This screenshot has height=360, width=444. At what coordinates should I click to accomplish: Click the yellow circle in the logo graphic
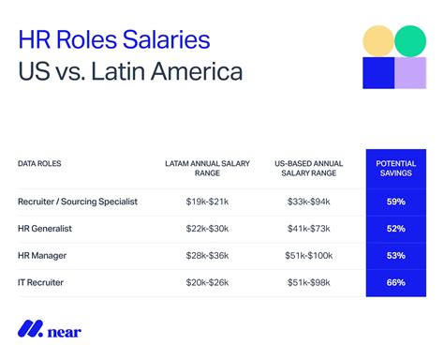(377, 41)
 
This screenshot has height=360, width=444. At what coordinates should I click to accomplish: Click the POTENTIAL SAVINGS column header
(396, 168)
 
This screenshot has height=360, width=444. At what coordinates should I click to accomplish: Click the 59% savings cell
(396, 202)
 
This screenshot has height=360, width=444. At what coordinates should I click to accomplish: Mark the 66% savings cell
(396, 280)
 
